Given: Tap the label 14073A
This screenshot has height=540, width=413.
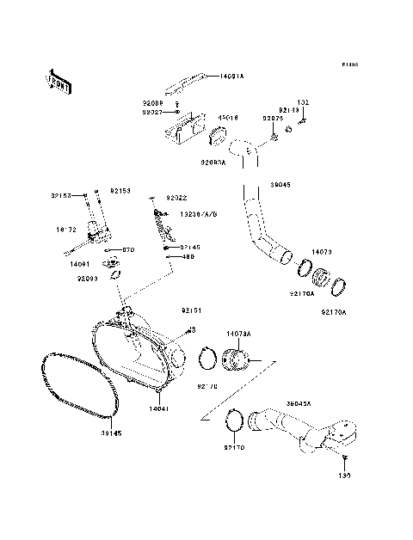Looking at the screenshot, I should pyautogui.click(x=238, y=333).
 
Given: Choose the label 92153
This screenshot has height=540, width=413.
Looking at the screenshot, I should pyautogui.click(x=120, y=191).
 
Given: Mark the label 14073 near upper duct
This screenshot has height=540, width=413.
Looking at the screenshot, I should pyautogui.click(x=321, y=252).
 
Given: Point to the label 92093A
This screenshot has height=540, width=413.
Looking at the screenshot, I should pyautogui.click(x=213, y=161).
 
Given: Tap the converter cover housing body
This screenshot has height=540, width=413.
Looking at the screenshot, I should pyautogui.click(x=138, y=353).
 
